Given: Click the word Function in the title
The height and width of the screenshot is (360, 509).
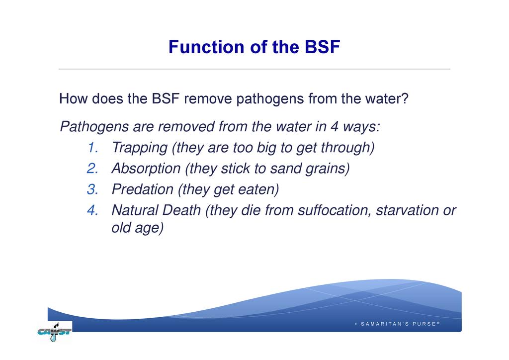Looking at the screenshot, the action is tap(207, 47).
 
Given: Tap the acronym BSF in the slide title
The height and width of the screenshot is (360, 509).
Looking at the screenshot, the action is tap(322, 47).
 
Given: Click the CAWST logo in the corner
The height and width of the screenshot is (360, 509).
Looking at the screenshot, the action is tap(55, 332).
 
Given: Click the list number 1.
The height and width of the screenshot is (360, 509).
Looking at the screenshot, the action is tap(93, 147).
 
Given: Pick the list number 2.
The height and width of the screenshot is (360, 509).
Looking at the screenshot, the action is tap(93, 169).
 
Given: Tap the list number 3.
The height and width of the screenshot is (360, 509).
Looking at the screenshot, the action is tap(93, 189).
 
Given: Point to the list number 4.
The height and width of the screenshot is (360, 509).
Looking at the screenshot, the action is tap(93, 210).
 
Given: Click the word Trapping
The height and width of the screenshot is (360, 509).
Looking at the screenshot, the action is tap(140, 148).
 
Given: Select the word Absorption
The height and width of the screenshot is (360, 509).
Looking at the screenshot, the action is tap(146, 169).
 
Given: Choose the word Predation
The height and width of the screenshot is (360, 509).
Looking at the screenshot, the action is tap(143, 189).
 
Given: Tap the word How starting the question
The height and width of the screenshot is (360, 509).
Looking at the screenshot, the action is tap(74, 98).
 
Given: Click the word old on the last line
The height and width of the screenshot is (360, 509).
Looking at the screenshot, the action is tap(121, 227).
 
